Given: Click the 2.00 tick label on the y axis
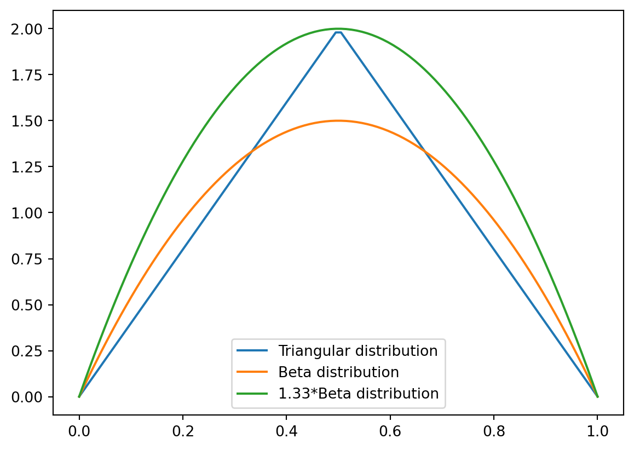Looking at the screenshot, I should (x=32, y=28).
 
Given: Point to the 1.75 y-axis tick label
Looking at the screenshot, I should (x=32, y=74).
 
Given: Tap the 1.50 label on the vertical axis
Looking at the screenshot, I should (x=32, y=120).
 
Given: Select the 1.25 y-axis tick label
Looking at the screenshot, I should (x=32, y=166).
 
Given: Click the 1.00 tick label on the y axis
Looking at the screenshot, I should (x=32, y=212).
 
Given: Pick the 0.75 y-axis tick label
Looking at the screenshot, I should (x=32, y=258).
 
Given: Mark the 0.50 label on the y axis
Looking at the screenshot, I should (x=32, y=304).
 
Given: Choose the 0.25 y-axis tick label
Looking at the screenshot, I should (x=32, y=350).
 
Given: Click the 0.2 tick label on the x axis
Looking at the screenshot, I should (x=183, y=431).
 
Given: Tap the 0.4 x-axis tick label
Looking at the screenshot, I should (x=286, y=431).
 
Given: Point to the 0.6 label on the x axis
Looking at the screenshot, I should (x=390, y=431).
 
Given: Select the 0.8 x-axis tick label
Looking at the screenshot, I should (x=494, y=431).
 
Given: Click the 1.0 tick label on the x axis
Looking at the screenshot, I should (x=597, y=431).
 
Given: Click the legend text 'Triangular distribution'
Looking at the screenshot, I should (x=358, y=351).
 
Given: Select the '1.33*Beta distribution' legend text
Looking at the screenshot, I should (x=359, y=394).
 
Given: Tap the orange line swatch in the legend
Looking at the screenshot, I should (x=252, y=372).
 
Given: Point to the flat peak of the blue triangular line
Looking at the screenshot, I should (x=338, y=32).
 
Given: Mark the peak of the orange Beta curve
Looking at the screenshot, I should (x=338, y=120).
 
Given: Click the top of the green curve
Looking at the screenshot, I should (x=338, y=28).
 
